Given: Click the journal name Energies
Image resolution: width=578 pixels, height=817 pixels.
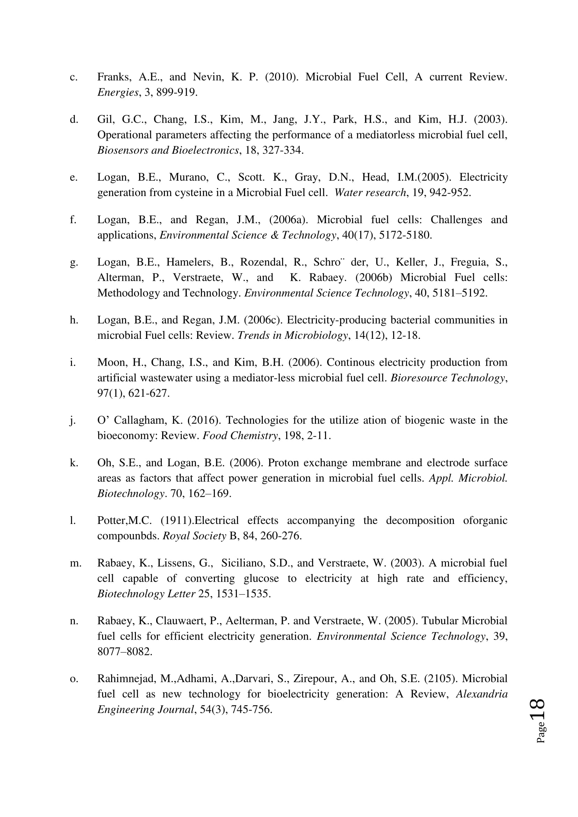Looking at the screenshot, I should [118, 93].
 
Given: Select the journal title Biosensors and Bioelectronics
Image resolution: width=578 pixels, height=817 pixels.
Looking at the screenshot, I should [168, 151].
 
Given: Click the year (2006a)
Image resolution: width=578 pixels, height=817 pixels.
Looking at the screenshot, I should [289, 220].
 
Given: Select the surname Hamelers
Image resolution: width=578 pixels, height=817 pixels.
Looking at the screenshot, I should [189, 262].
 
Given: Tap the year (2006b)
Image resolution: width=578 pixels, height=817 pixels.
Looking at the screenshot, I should [374, 278].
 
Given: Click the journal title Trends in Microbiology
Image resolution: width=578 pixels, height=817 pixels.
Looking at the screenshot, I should [292, 336].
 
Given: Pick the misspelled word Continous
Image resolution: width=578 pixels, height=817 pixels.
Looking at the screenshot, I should [349, 363].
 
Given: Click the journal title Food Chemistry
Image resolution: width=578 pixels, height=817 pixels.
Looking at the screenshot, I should [240, 436].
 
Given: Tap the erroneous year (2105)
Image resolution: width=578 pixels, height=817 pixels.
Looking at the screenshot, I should [440, 679].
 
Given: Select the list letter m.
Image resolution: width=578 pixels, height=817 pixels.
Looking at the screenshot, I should [75, 563].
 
